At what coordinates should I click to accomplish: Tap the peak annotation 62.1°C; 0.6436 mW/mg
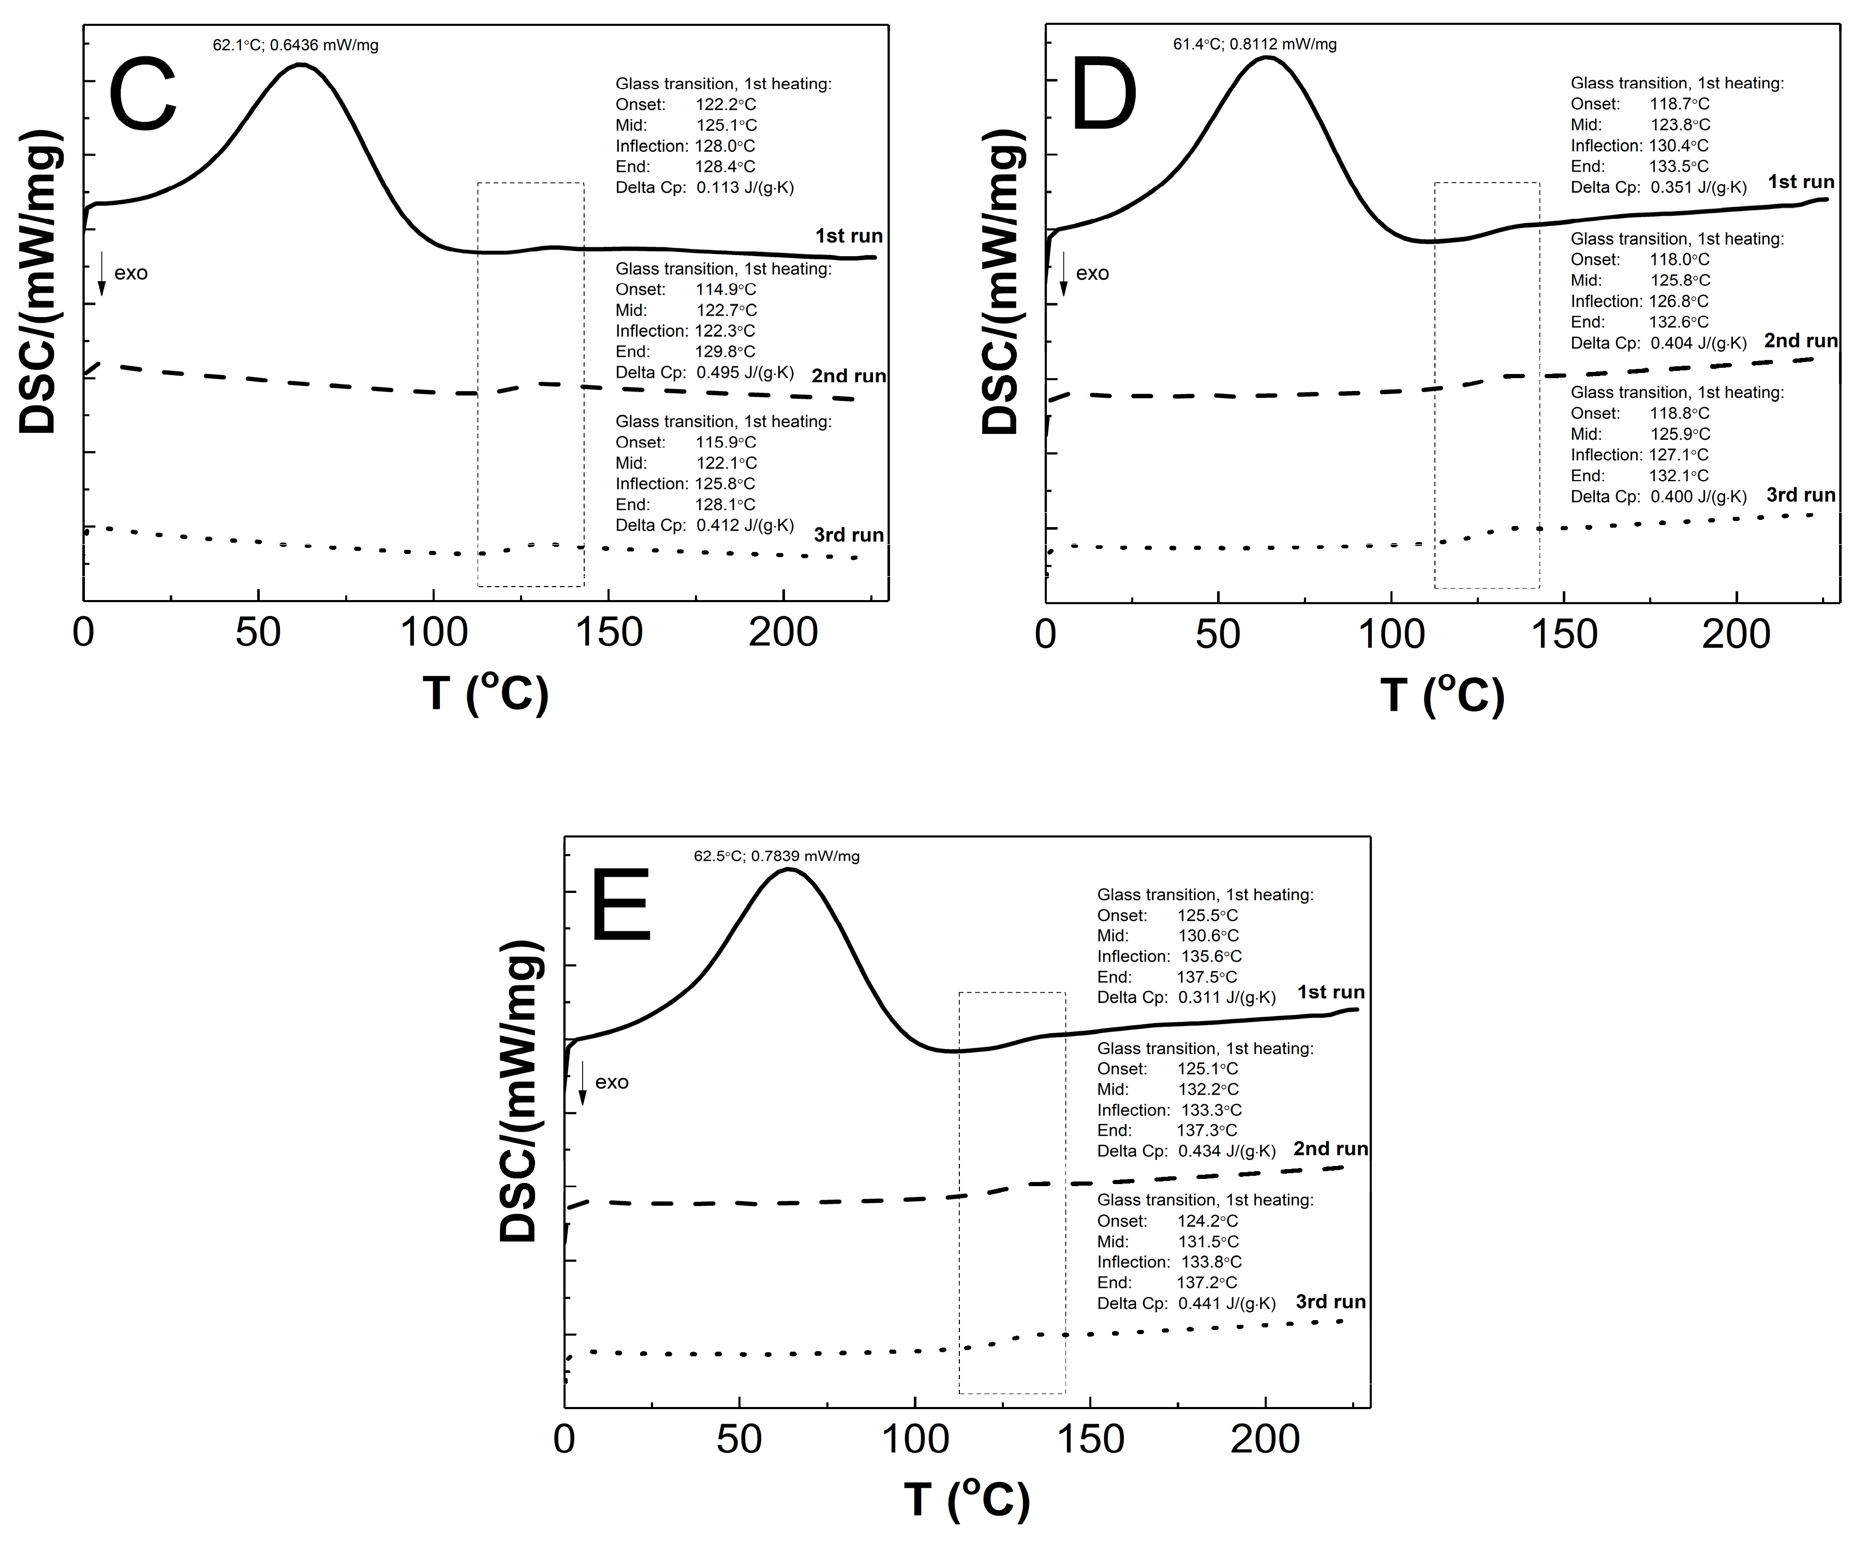click(295, 45)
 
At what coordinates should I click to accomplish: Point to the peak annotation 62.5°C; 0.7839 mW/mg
click(776, 856)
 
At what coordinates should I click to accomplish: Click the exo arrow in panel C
click(101, 273)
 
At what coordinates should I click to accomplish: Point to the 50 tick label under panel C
click(258, 634)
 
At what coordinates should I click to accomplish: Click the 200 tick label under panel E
click(1265, 1440)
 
